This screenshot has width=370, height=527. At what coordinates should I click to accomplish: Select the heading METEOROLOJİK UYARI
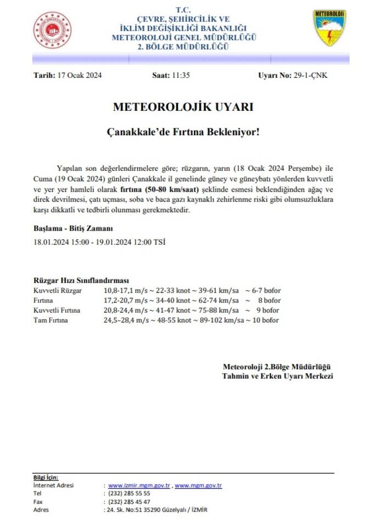coord(183,108)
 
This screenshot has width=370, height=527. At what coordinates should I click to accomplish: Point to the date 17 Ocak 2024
coord(80,76)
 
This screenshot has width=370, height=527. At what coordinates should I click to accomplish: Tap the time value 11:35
coord(181,76)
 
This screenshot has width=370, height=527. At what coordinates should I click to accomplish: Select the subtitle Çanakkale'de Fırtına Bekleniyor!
coord(183,132)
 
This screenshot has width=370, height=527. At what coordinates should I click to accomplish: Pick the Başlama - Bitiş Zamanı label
coord(74,228)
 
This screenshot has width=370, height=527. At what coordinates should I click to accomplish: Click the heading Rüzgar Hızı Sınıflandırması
coord(81,280)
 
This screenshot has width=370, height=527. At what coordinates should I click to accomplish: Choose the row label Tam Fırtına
coord(51,320)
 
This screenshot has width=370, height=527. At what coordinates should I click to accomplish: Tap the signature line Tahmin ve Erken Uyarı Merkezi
coord(277,377)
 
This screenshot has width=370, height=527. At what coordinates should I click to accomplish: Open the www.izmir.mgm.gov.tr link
coord(139,485)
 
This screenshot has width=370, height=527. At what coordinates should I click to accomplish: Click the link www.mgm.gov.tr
coord(198,485)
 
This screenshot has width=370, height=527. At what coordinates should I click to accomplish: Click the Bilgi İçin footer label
coord(46,478)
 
